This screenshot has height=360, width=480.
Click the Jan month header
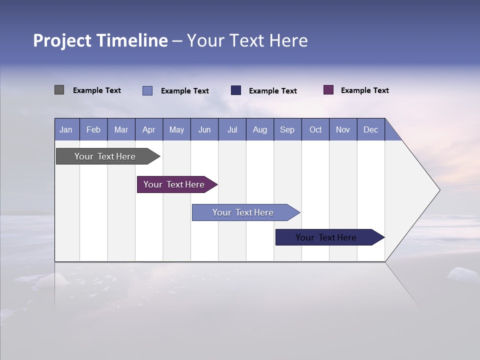[66, 129]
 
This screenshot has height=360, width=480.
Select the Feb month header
[93, 129]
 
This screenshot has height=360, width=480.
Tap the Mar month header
[121, 129]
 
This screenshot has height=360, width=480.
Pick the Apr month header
[149, 129]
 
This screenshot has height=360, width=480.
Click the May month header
[176, 129]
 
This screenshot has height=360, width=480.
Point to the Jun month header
[204, 129]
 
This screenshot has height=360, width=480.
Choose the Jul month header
[232, 129]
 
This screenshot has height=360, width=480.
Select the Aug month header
[260, 129]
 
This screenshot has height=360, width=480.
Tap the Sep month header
[287, 129]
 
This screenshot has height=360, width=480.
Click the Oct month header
[315, 129]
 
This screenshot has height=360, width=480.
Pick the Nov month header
[343, 129]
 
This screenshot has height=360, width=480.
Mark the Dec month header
[370, 129]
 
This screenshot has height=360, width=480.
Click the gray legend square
[59, 90]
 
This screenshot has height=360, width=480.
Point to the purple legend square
[328, 90]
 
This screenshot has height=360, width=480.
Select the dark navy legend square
[236, 90]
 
